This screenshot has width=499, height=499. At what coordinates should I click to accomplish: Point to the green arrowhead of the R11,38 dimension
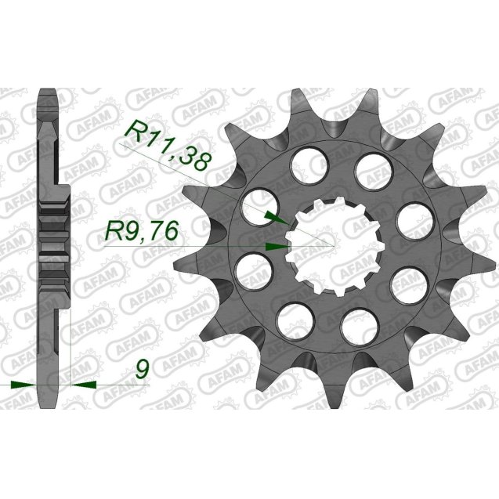click(x=269, y=214)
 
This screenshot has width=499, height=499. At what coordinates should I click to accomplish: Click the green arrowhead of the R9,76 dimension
click(x=275, y=246)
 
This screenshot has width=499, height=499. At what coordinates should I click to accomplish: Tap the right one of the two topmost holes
click(x=370, y=167)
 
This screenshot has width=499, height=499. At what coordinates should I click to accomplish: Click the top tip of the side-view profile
click(x=48, y=91)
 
